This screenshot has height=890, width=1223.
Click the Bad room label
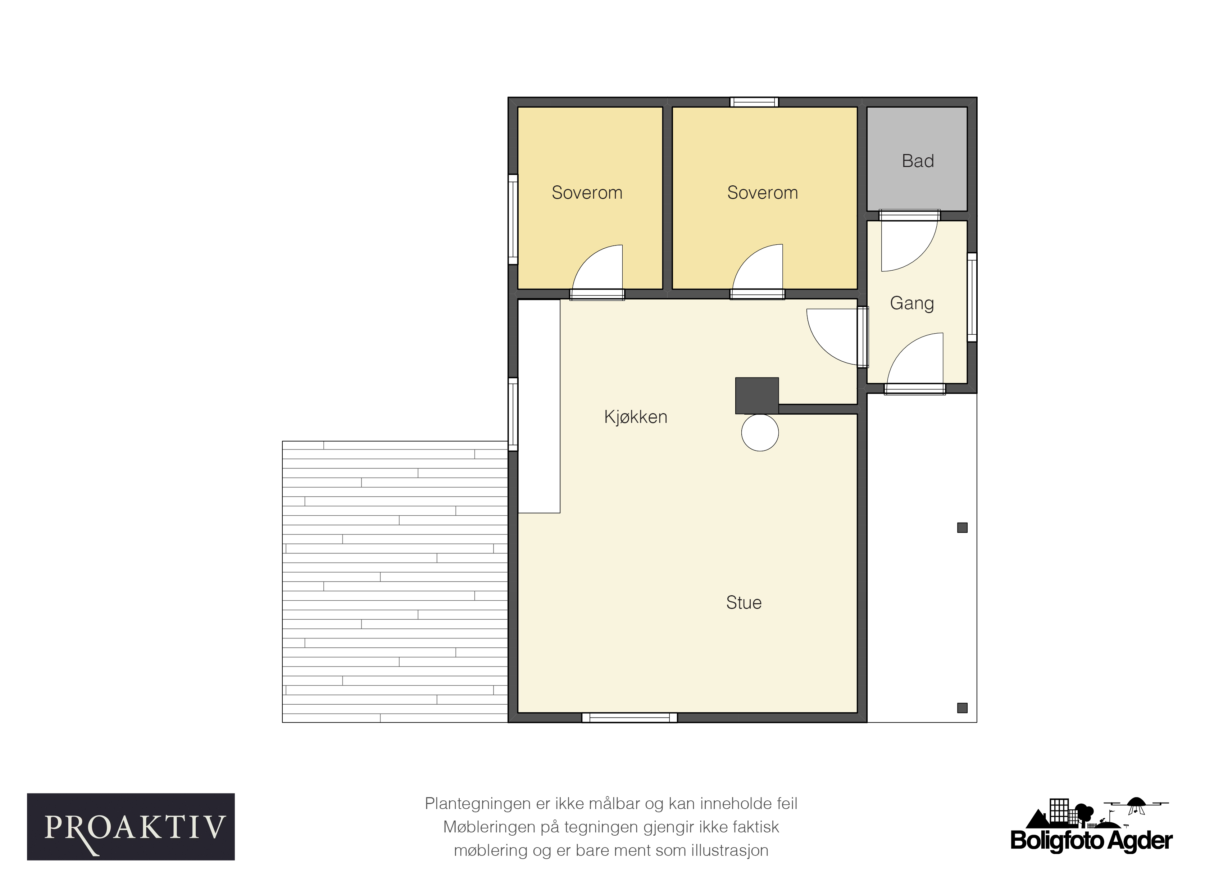point(918,161)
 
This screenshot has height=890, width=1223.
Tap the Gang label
point(912,303)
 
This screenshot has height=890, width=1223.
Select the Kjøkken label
point(636,417)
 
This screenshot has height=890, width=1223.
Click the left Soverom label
point(587,193)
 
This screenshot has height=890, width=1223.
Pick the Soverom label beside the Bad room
point(763,193)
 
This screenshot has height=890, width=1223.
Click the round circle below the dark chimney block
point(760,432)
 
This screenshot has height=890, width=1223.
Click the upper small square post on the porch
point(963,528)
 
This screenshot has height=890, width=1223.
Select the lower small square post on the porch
point(963,708)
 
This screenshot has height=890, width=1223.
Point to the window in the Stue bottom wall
point(629,717)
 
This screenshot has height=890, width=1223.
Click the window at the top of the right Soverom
point(754,102)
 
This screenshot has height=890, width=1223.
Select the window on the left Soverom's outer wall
point(513,219)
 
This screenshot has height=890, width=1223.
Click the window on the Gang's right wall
point(972,297)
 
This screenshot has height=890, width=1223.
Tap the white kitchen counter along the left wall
point(539,406)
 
